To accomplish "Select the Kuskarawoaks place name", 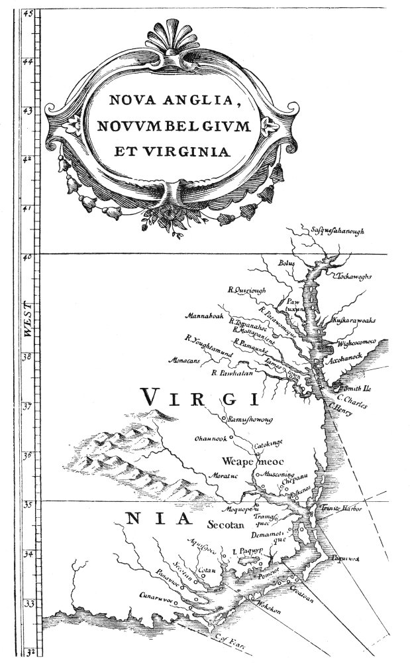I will coord(354,320).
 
